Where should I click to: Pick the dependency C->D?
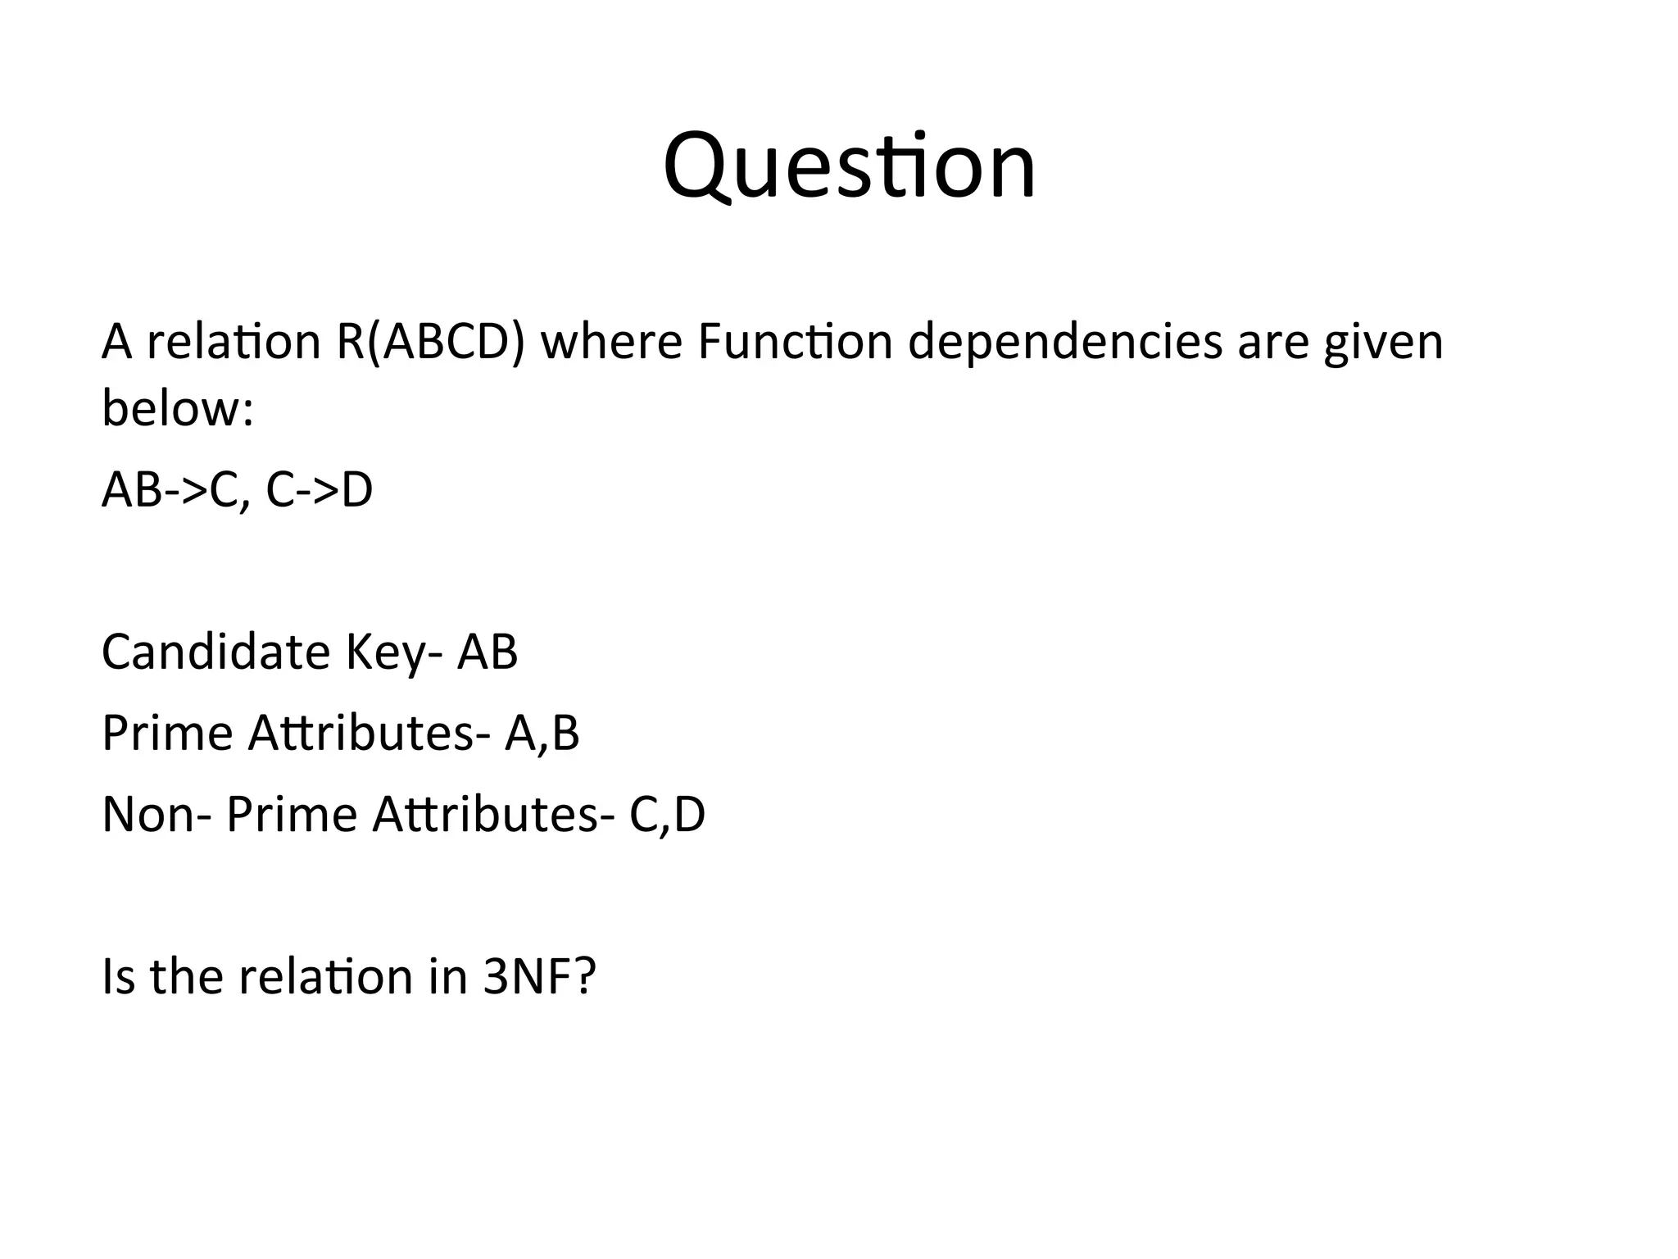[320, 490]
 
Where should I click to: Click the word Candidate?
[215, 652]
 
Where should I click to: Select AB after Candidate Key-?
[488, 652]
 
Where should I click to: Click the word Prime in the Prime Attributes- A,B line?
[167, 732]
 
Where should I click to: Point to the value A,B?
[542, 734]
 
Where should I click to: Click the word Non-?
[155, 814]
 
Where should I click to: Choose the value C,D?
[667, 816]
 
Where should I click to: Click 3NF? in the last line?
[539, 976]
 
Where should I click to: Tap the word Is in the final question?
[118, 976]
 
